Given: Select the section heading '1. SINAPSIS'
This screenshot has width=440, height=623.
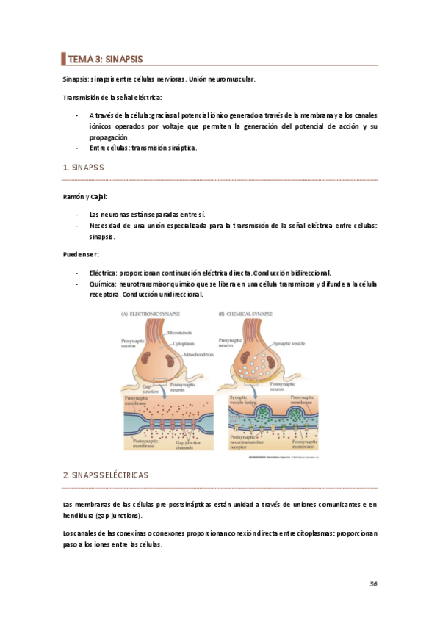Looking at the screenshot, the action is pyautogui.click(x=84, y=168).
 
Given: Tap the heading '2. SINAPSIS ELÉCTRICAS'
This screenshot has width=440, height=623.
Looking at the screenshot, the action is pyautogui.click(x=106, y=475).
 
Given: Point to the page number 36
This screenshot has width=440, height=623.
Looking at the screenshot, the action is pyautogui.click(x=373, y=583).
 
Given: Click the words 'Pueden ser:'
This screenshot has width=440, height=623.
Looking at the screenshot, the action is pyautogui.click(x=81, y=254).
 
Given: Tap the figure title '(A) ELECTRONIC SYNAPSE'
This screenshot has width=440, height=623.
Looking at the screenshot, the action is pyautogui.click(x=151, y=314).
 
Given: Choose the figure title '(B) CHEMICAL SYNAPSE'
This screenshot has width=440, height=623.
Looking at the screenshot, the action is pyautogui.click(x=245, y=314).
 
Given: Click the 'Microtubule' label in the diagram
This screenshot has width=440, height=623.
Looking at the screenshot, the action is pyautogui.click(x=180, y=333).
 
